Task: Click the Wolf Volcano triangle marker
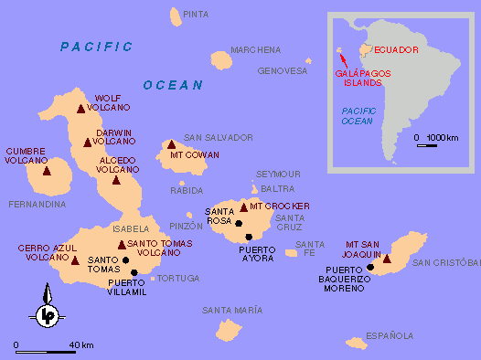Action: tap(82, 109)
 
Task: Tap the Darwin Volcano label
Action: tap(115, 136)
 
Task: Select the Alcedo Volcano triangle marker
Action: tap(116, 179)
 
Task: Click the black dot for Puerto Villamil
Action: tap(134, 272)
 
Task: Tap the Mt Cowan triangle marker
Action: tap(171, 144)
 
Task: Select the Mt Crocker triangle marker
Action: tap(243, 207)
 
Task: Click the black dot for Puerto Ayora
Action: tap(248, 237)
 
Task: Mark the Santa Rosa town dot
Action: tap(238, 223)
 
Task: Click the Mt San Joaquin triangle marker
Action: tap(387, 259)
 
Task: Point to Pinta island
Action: tap(176, 16)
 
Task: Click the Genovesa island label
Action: tap(283, 70)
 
